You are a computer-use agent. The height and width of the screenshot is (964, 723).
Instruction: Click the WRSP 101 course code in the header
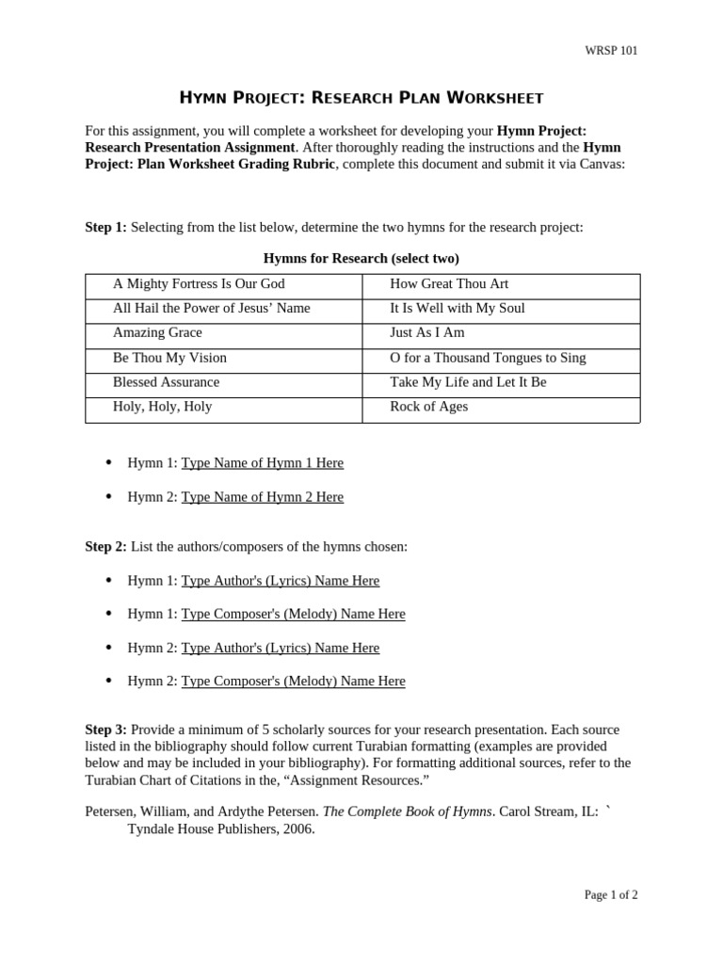click(611, 51)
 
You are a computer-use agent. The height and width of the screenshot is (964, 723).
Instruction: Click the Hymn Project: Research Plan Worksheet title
click(361, 98)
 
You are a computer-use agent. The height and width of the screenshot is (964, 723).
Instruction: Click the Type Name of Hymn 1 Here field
click(262, 463)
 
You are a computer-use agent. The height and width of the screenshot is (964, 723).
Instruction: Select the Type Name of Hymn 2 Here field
click(262, 497)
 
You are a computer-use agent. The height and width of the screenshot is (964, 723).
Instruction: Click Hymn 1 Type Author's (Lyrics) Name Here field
click(280, 581)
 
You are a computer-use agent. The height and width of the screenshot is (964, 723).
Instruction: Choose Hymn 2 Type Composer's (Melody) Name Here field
click(293, 682)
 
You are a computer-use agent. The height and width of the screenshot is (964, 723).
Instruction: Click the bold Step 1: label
click(105, 228)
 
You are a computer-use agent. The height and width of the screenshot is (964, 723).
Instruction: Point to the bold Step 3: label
click(105, 730)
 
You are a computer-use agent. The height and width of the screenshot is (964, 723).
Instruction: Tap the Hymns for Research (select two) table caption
click(361, 258)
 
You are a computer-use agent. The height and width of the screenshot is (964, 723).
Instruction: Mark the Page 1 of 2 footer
click(610, 895)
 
